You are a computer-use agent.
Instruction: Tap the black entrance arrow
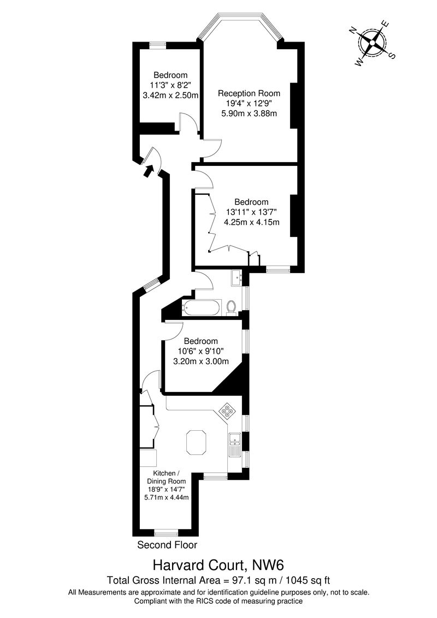pyautogui.click(x=147, y=171)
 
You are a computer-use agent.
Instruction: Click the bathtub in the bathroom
pyautogui.click(x=202, y=307)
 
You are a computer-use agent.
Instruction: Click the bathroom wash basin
pyautogui.click(x=239, y=277)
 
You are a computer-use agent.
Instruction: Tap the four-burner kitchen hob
pyautogui.click(x=226, y=410)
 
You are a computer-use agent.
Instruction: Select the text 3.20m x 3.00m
pyautogui.click(x=200, y=361)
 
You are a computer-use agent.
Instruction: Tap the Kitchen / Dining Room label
pyautogui.click(x=166, y=477)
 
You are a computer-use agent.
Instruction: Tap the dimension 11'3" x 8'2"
pyautogui.click(x=170, y=85)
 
